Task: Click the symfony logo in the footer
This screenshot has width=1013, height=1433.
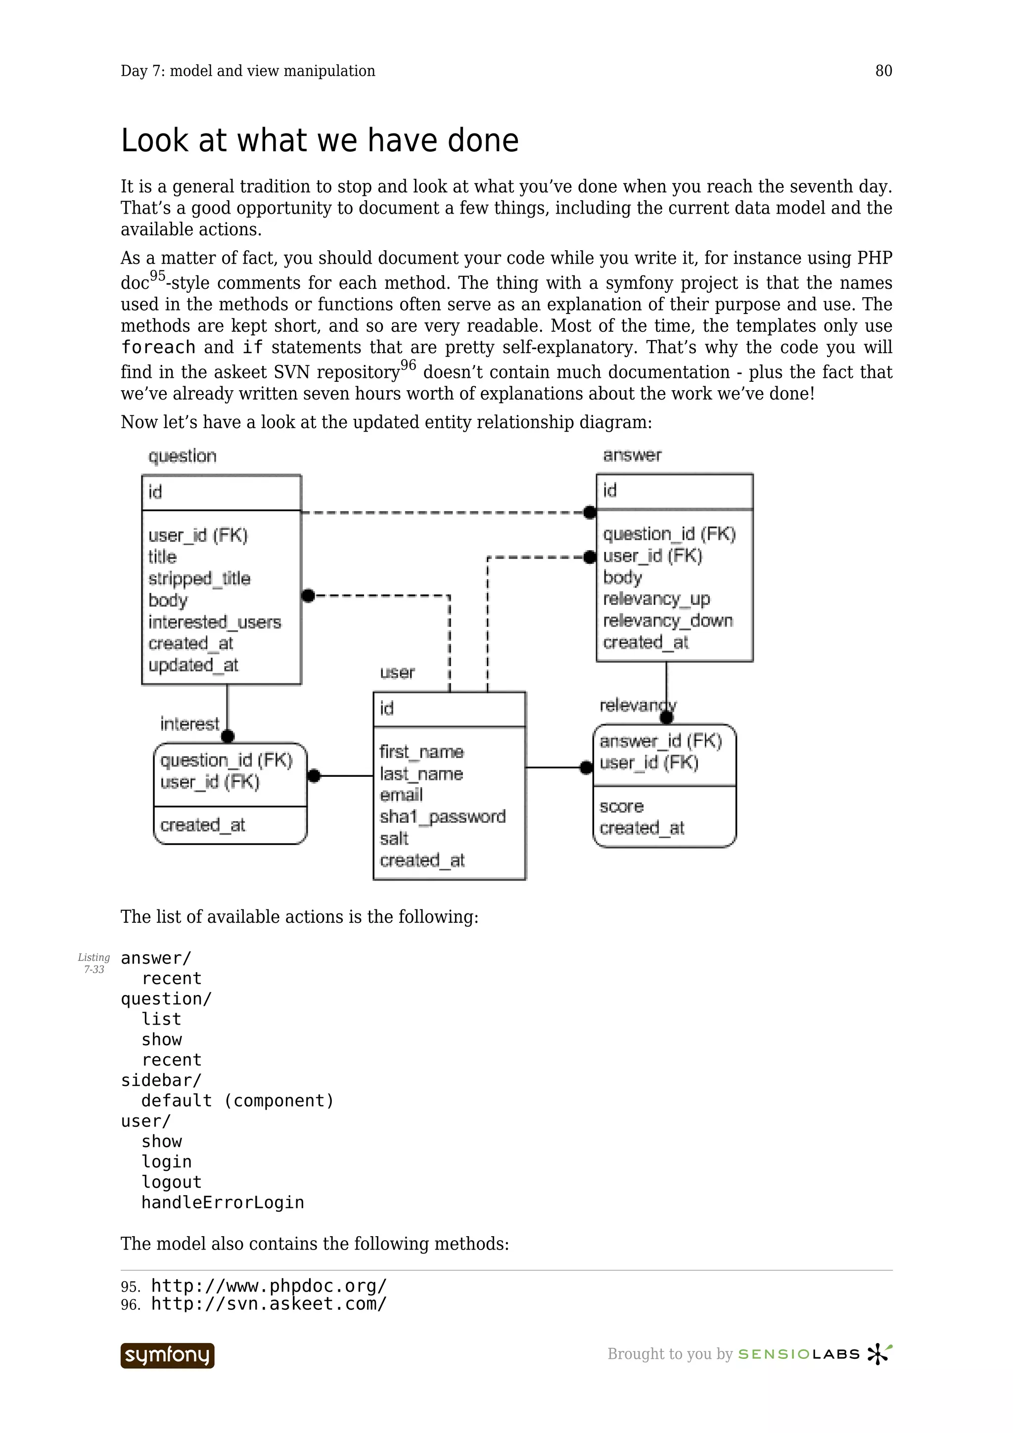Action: tap(167, 1355)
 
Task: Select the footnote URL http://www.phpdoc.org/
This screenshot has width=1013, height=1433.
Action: tap(269, 1286)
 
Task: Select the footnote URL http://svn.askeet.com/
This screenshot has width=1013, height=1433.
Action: tap(269, 1304)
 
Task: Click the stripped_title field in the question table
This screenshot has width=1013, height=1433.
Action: tap(199, 579)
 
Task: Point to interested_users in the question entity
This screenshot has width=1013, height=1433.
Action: tap(215, 622)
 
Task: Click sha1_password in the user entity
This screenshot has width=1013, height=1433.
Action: tap(443, 816)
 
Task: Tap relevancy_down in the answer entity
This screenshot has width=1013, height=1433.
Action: tap(667, 621)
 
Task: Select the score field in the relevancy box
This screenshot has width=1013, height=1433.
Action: tap(621, 806)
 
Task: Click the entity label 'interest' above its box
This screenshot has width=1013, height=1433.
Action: tap(189, 723)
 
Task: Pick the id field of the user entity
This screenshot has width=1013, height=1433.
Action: tap(387, 709)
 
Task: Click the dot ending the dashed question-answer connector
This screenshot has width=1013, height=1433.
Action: tap(590, 513)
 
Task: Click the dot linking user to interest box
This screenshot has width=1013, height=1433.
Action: tap(314, 776)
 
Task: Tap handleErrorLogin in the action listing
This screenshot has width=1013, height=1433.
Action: tap(222, 1203)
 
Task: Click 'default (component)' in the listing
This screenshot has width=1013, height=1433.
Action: tap(237, 1101)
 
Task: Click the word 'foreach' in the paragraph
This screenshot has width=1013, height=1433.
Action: tap(158, 347)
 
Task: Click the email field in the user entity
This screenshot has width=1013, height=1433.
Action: tap(401, 795)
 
